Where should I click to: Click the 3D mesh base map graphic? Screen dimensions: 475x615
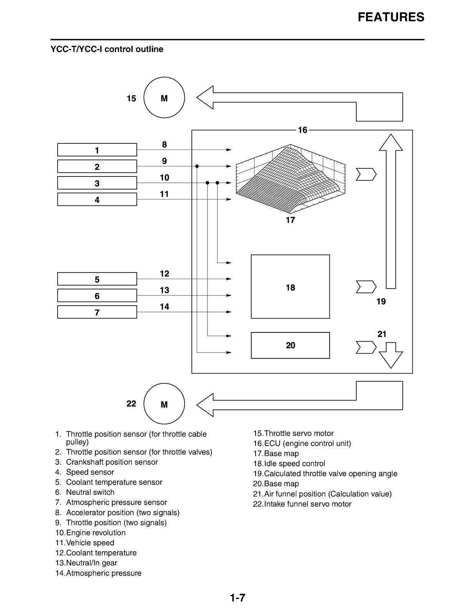(291, 178)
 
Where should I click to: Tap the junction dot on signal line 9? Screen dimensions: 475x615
(197, 166)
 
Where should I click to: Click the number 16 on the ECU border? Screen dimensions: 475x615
(302, 130)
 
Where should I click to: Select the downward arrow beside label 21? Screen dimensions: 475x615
(391, 355)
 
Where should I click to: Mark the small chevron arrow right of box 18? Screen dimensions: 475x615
(366, 287)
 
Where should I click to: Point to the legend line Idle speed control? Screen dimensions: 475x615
(289, 464)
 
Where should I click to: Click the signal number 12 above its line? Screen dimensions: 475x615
(164, 273)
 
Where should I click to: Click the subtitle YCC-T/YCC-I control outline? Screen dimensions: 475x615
(107, 49)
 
